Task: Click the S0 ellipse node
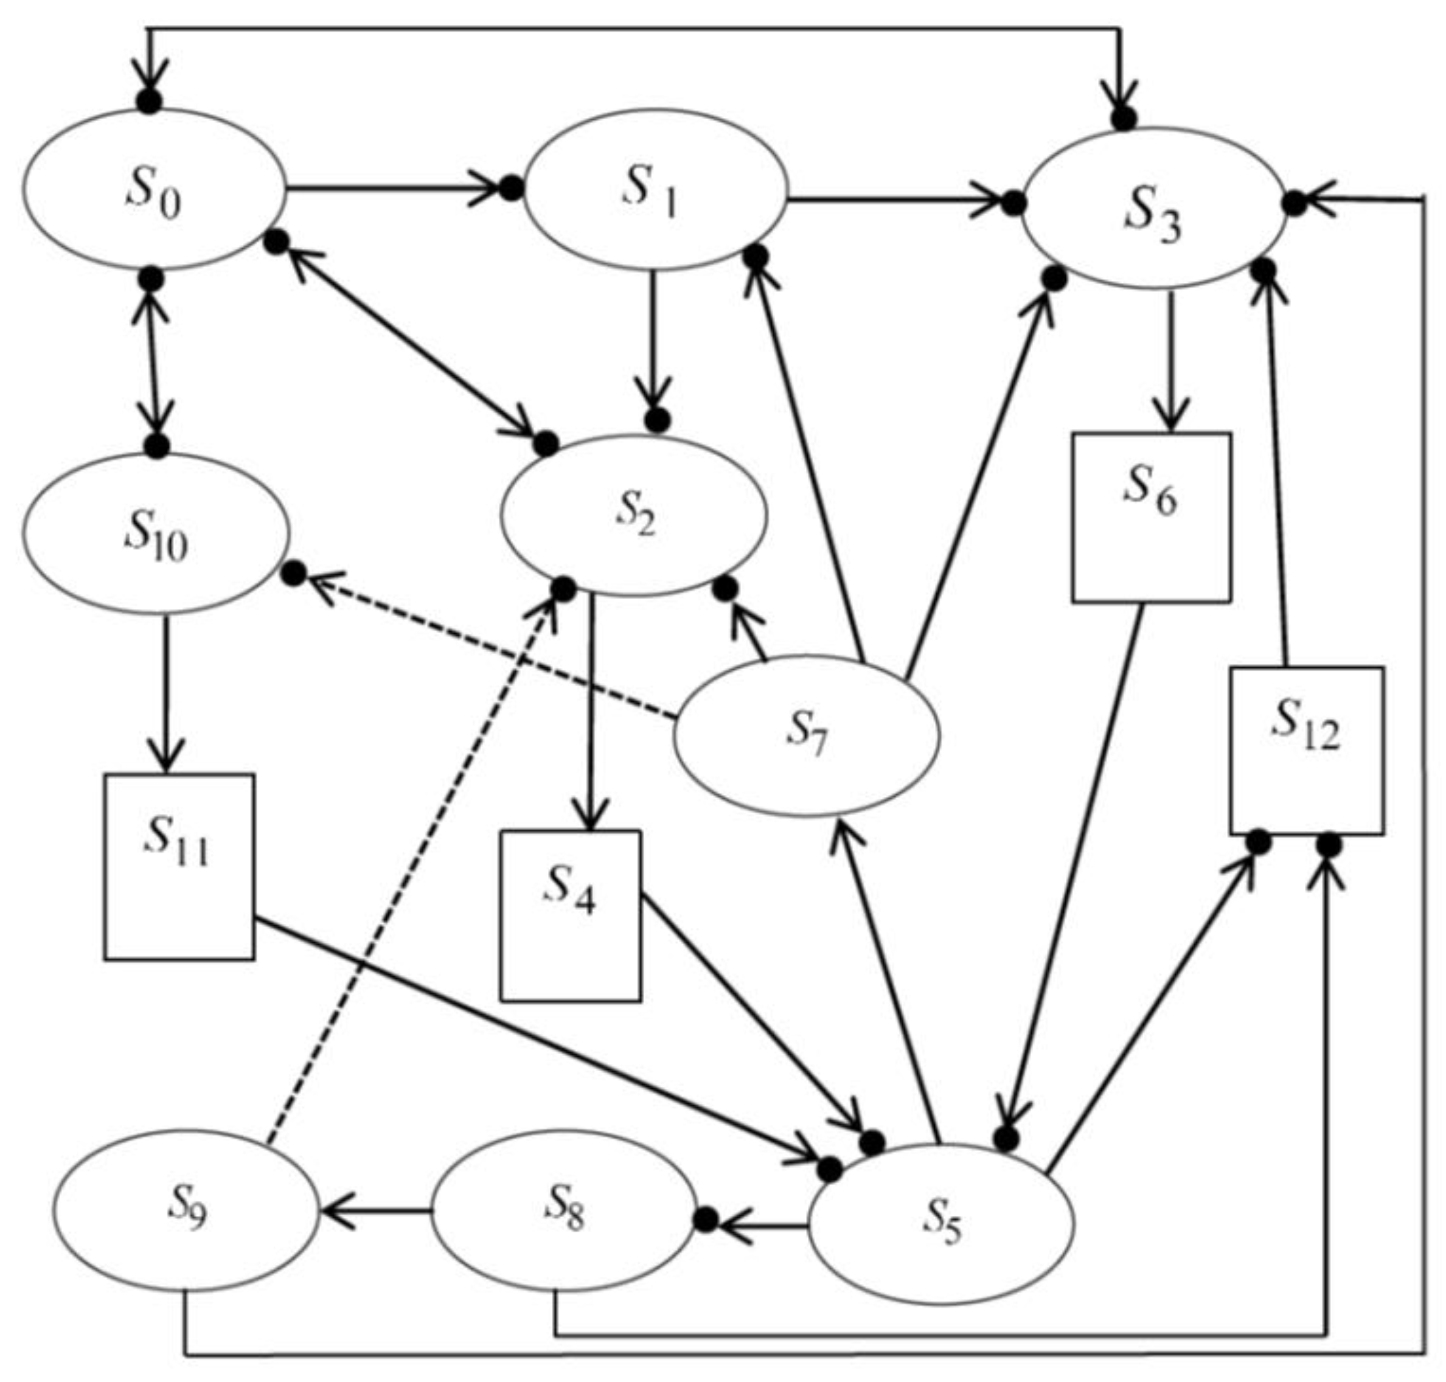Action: pos(153,189)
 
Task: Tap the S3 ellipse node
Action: pos(1153,209)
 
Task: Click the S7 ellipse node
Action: pos(806,736)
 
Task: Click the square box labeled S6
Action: pos(1150,517)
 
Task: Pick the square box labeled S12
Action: pos(1306,751)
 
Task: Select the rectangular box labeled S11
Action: pos(179,866)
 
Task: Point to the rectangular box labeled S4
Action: pos(570,915)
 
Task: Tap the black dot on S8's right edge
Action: pos(705,1220)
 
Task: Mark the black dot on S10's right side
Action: pos(294,574)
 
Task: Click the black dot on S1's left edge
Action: pos(511,189)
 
